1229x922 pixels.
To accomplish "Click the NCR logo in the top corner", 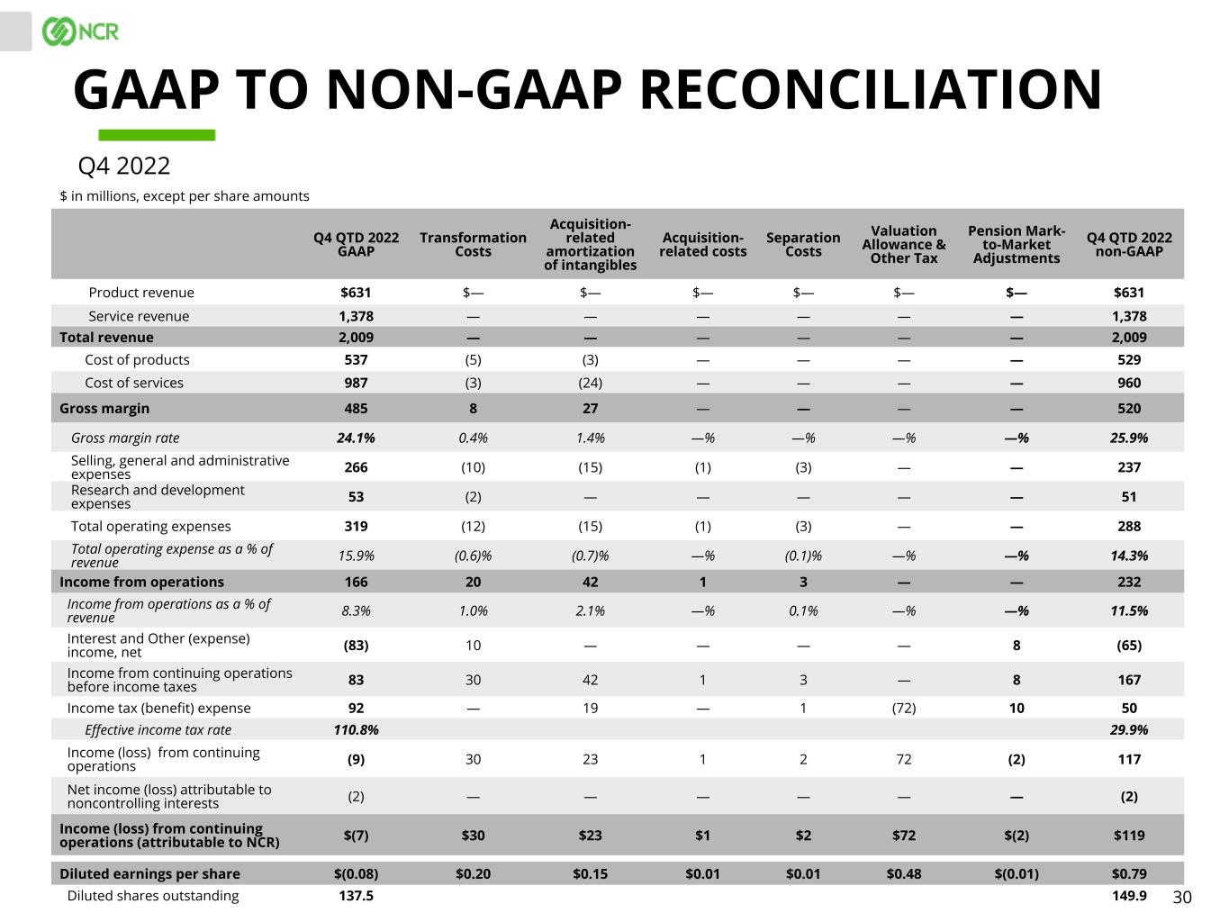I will tap(80, 32).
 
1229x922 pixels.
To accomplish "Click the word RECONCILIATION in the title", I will tap(870, 90).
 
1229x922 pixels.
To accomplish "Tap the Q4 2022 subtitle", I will tap(123, 167).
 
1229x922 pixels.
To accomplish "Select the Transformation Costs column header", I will tap(473, 244).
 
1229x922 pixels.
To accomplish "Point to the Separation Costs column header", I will tap(803, 244).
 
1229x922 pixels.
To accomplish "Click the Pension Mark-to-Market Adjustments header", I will tap(1017, 244).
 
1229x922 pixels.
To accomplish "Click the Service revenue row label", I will tap(139, 316).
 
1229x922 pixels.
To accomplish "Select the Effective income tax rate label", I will tap(158, 729).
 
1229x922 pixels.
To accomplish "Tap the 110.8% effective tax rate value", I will tap(356, 729).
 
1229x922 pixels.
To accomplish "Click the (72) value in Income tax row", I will tap(903, 708).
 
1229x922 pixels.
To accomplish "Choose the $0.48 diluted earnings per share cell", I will tap(903, 873).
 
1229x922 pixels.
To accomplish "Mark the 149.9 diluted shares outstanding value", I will tap(1129, 895).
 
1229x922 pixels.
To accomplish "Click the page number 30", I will tap(1182, 897).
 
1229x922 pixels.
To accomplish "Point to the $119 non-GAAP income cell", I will tap(1129, 835).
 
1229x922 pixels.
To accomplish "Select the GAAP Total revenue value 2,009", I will tap(356, 338).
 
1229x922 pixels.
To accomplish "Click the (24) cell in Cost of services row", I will tap(590, 383).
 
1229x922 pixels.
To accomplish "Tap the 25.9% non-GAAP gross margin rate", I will tap(1129, 438).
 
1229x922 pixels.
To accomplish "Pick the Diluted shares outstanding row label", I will tap(153, 895).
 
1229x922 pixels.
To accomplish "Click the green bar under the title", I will tap(157, 135).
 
